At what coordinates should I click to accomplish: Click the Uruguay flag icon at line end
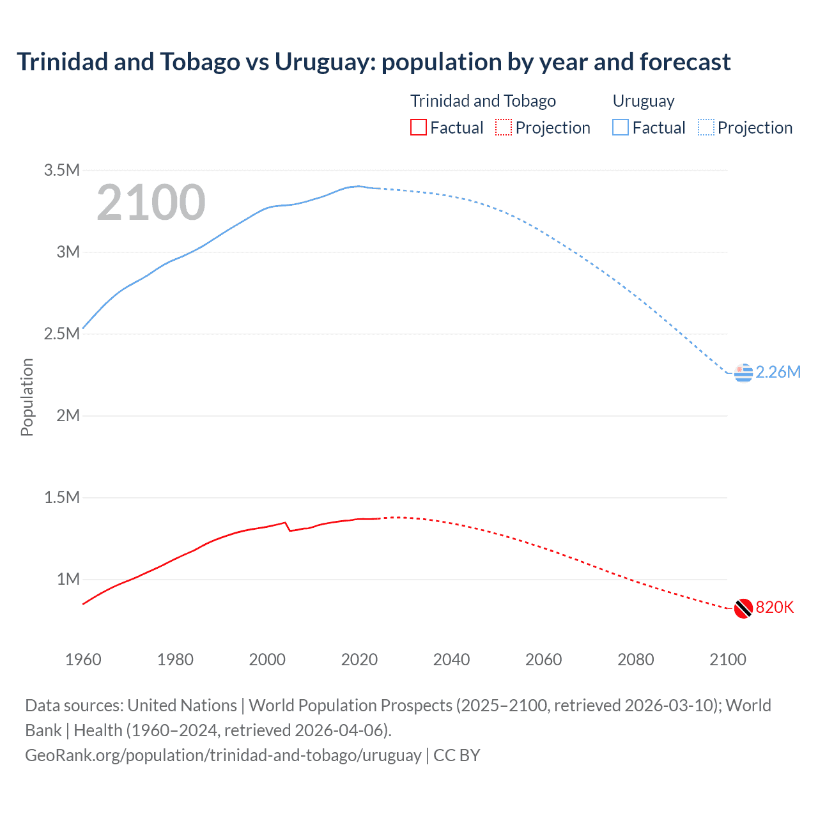pyautogui.click(x=743, y=373)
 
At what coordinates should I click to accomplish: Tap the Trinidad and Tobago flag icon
pyautogui.click(x=743, y=608)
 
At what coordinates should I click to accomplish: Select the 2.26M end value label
pyautogui.click(x=778, y=373)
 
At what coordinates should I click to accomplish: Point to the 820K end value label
pyautogui.click(x=775, y=608)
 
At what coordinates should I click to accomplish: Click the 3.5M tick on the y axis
pyautogui.click(x=62, y=170)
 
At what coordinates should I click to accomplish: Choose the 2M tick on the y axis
pyautogui.click(x=68, y=415)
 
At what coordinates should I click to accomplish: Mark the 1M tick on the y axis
pyautogui.click(x=68, y=579)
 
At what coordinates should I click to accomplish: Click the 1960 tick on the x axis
pyautogui.click(x=83, y=660)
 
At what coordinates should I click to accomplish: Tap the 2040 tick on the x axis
pyautogui.click(x=451, y=660)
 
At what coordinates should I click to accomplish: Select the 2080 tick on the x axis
pyautogui.click(x=635, y=660)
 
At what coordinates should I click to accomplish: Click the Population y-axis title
pyautogui.click(x=27, y=397)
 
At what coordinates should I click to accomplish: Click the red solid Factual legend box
pyautogui.click(x=418, y=128)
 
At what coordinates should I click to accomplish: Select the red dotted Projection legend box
pyautogui.click(x=504, y=128)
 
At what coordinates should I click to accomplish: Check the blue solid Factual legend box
pyautogui.click(x=621, y=128)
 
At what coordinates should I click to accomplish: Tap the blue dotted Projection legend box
pyautogui.click(x=706, y=128)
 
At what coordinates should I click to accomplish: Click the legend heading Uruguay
pyautogui.click(x=644, y=101)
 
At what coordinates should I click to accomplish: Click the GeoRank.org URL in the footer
pyautogui.click(x=223, y=755)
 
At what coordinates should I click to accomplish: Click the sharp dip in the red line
pyautogui.click(x=289, y=530)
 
